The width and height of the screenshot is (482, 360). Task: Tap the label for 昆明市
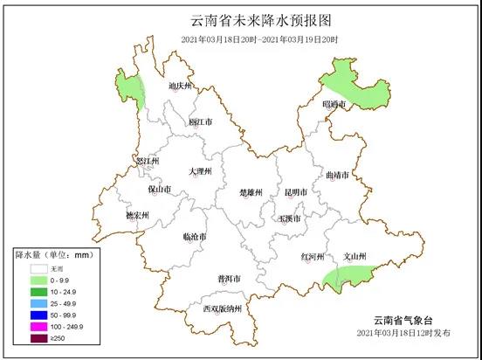tap(296, 191)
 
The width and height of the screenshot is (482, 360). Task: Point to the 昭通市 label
tap(334, 104)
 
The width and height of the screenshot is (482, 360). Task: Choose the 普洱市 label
tap(229, 279)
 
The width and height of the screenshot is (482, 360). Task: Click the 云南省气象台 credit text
tap(403, 319)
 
